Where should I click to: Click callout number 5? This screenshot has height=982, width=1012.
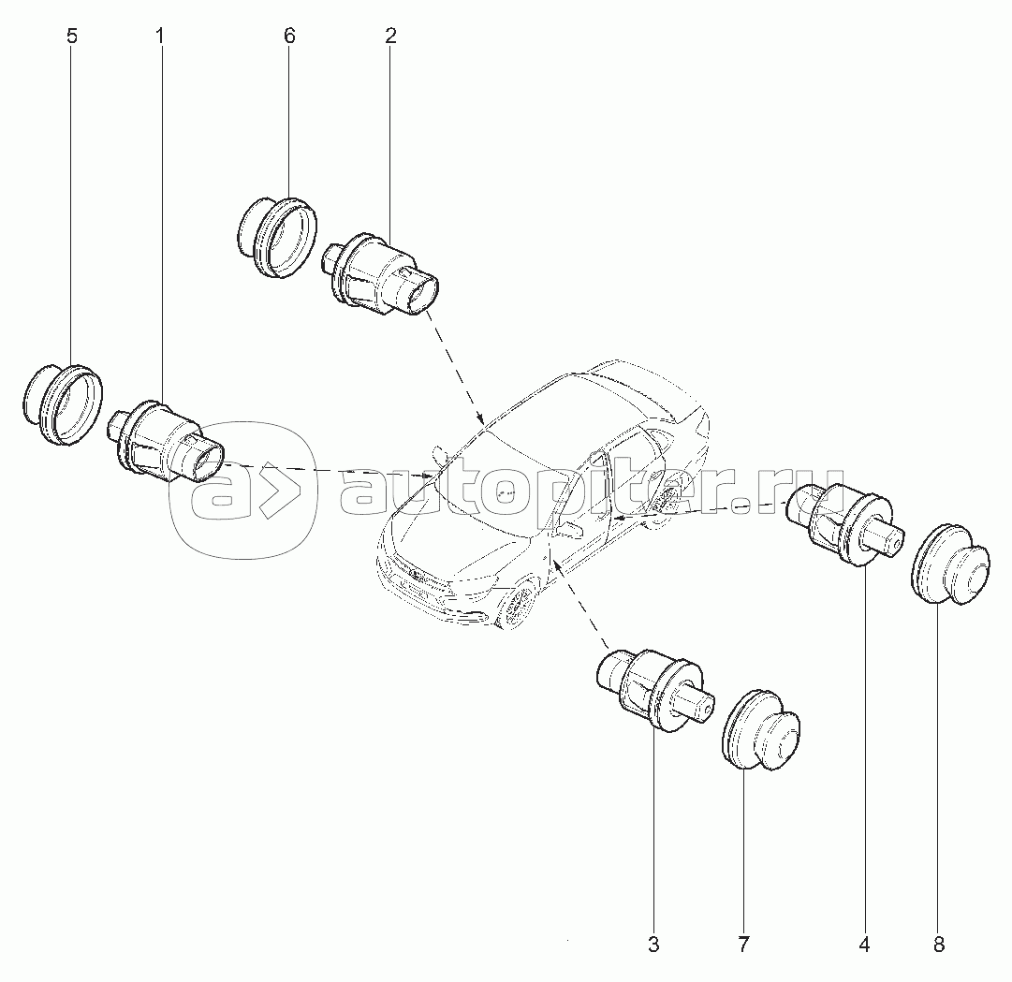(x=72, y=37)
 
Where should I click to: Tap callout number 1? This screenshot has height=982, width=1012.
(x=159, y=37)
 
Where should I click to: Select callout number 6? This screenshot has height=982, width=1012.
(x=289, y=37)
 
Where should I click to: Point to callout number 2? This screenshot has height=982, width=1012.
(x=389, y=37)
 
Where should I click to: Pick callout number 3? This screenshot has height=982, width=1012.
(x=653, y=945)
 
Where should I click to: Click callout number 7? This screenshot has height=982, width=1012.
(x=743, y=945)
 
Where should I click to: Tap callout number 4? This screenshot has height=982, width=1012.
(x=864, y=945)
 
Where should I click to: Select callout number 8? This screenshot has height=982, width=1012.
(x=939, y=945)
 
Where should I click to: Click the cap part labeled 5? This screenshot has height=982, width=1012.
(x=63, y=403)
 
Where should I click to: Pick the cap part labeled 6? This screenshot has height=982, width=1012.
(x=277, y=237)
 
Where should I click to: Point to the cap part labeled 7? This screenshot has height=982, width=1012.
(x=759, y=730)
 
